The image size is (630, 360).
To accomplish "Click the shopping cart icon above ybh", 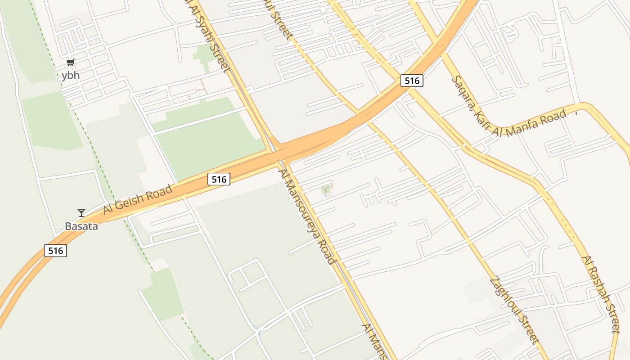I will (x=70, y=62).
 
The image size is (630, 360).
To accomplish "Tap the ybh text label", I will (x=71, y=75).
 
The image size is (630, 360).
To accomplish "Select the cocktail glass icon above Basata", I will (x=81, y=213).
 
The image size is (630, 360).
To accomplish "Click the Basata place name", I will (x=81, y=226).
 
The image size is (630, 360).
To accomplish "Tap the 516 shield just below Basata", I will (x=55, y=250).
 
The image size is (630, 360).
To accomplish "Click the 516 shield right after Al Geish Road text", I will (x=219, y=179).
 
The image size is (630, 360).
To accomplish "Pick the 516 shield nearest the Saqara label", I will (x=412, y=81).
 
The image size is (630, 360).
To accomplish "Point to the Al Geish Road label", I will (x=138, y=199).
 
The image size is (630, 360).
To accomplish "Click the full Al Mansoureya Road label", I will (x=307, y=216).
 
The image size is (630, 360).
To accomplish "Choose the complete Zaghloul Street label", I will (x=514, y=310).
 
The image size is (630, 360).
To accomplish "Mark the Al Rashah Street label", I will (x=601, y=294).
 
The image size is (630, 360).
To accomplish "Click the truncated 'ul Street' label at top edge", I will (x=282, y=20).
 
